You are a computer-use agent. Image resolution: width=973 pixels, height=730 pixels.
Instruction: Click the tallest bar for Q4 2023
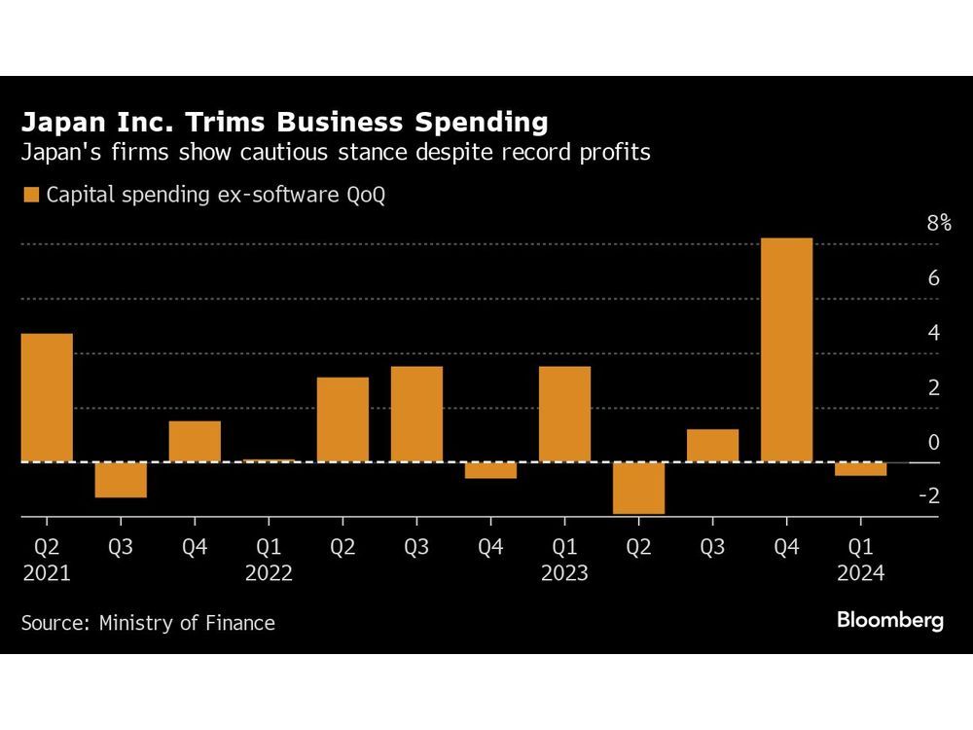(786, 350)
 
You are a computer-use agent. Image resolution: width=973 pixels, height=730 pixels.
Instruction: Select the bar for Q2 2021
(47, 397)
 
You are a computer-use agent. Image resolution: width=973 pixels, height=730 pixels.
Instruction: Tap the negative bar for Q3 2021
(121, 480)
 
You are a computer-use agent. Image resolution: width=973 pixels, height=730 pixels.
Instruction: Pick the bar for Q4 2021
(195, 441)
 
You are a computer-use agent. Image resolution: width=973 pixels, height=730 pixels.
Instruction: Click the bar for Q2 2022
(342, 420)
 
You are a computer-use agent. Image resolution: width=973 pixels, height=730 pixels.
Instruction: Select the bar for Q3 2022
(416, 414)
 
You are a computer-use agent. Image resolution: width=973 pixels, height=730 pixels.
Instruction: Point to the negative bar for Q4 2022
(490, 470)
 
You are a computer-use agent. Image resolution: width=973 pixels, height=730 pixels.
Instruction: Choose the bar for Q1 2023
(564, 414)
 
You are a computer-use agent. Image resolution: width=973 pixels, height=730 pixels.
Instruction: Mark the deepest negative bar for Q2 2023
(638, 488)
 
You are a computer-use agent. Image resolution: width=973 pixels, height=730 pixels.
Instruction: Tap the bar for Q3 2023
(712, 445)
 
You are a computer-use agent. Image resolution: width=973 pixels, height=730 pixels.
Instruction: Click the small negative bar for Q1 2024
(860, 469)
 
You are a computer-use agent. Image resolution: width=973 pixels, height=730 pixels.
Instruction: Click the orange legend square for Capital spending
(30, 195)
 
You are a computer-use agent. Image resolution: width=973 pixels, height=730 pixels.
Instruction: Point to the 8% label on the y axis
(938, 223)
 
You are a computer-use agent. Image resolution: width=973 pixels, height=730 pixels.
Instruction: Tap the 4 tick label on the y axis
(934, 333)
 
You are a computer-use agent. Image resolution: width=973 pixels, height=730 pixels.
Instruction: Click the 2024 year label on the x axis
(860, 573)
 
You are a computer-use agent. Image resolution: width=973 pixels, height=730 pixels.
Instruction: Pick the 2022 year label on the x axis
(269, 573)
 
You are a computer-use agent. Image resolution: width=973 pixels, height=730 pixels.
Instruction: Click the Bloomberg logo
(889, 621)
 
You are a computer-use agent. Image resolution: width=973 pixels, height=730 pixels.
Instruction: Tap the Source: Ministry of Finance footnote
(148, 623)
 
